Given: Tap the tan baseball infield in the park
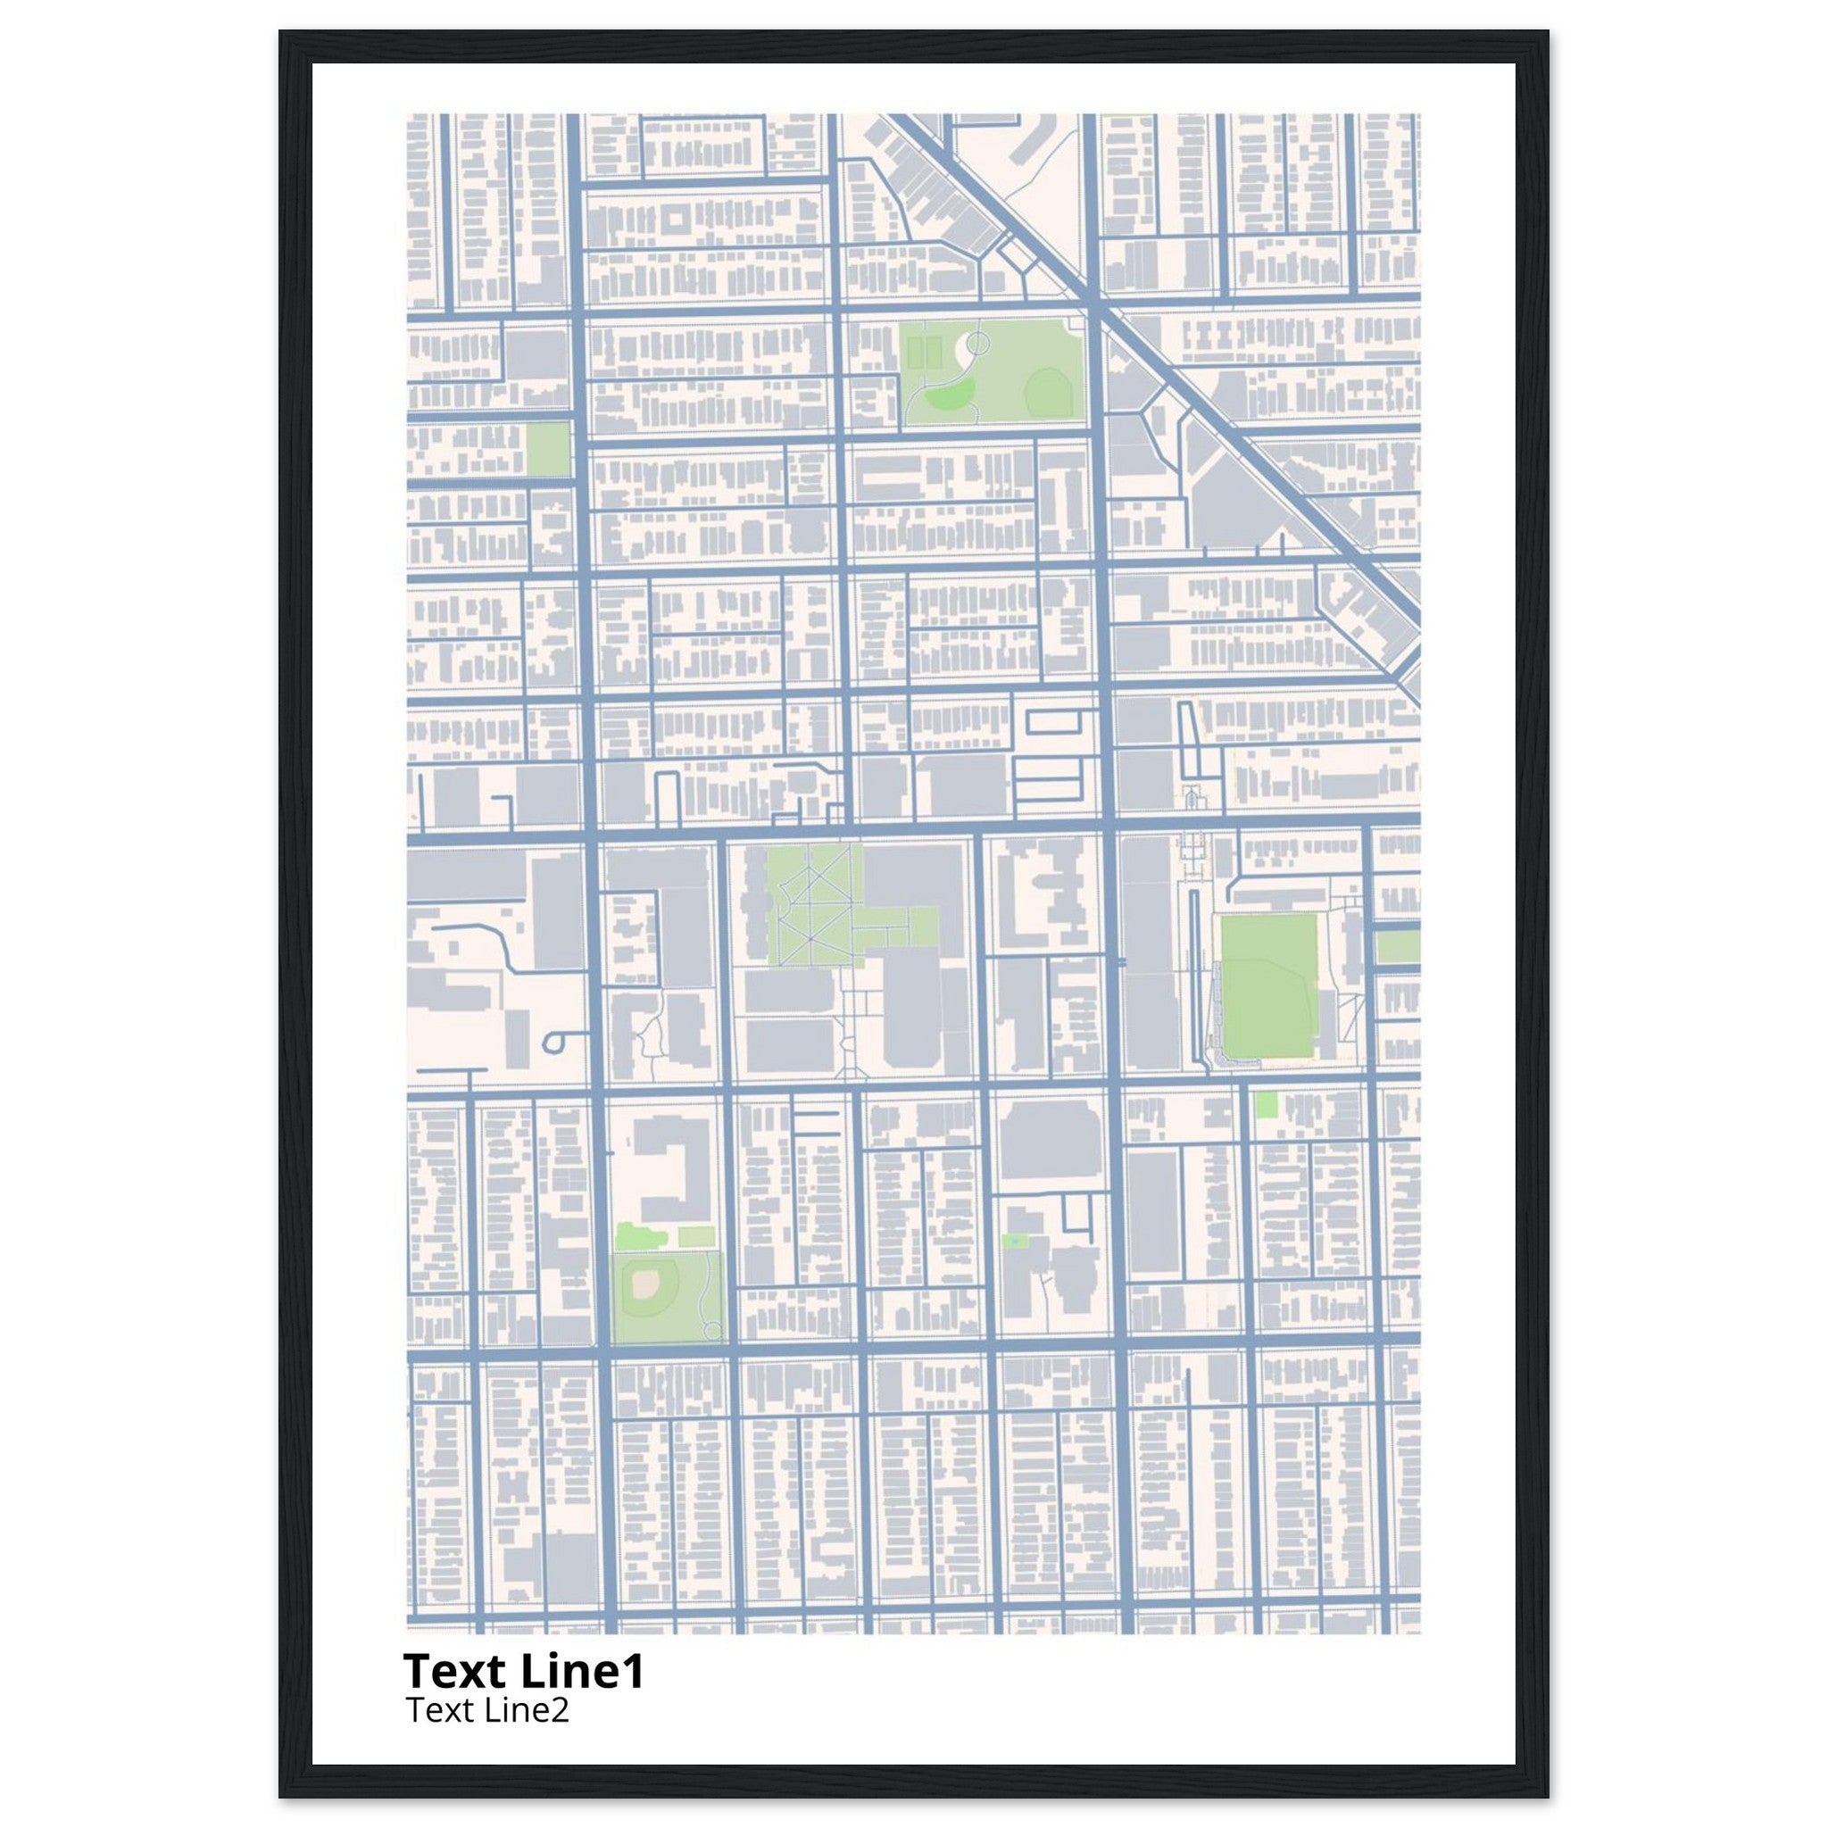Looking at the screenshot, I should (x=645, y=1283).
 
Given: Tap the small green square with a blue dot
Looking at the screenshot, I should (x=1015, y=1240).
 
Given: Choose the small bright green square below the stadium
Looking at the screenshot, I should (x=1266, y=1104).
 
